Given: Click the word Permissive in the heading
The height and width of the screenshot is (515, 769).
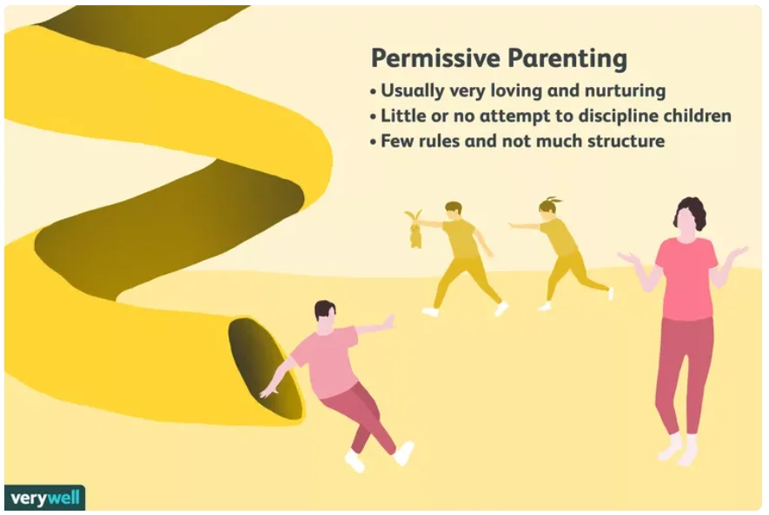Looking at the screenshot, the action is tap(435, 58).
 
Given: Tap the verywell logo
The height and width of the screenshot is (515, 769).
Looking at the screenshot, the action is tap(44, 498).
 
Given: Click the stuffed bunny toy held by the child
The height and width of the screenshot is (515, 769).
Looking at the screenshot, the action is tap(414, 229).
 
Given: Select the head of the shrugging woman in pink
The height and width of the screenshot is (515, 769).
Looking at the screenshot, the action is tap(690, 215).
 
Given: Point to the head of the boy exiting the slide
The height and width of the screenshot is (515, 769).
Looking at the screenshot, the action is tap(325, 318).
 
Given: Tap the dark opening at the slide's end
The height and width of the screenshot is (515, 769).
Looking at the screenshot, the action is tap(265, 369).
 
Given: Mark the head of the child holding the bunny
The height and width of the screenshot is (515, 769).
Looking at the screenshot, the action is tap(454, 211).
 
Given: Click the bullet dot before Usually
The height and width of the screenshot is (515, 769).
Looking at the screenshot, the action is tap(374, 92).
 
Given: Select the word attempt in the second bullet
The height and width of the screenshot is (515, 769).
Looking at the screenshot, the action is tap(514, 117).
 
